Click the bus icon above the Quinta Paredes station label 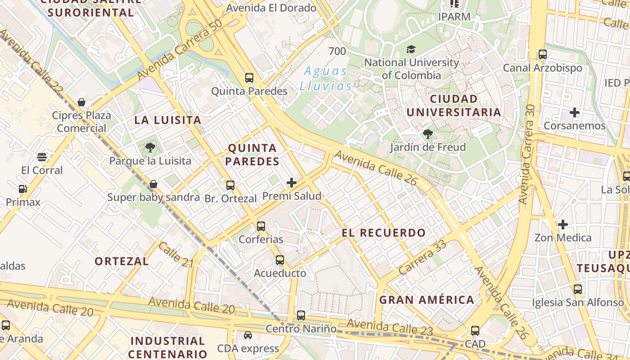(x=249, y=78)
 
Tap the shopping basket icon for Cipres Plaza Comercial (x=81, y=102)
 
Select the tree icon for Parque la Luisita (x=150, y=148)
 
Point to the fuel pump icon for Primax (x=22, y=189)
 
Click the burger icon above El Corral (x=42, y=157)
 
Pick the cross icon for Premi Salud (x=292, y=183)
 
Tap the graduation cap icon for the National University (x=411, y=49)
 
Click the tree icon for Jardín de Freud (x=427, y=134)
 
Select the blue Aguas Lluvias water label (x=326, y=78)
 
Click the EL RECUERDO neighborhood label (x=383, y=233)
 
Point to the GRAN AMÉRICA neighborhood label (x=427, y=300)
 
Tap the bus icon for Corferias (x=261, y=226)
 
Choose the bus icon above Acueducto (x=280, y=260)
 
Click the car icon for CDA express (x=248, y=335)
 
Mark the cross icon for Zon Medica (x=562, y=224)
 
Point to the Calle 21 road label (x=175, y=255)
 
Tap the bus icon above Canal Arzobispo (x=543, y=54)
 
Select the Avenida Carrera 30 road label (x=527, y=154)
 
